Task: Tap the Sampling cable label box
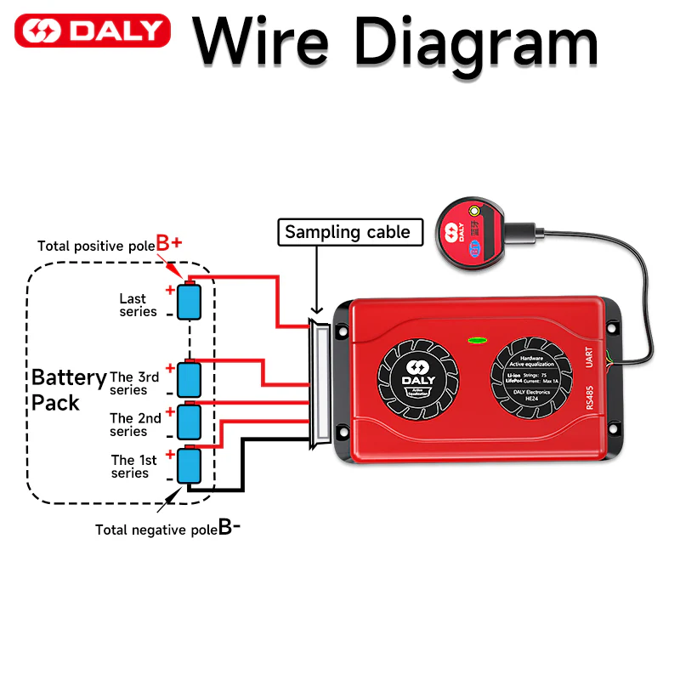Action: click(347, 232)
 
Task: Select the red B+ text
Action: click(168, 242)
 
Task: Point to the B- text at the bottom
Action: click(229, 527)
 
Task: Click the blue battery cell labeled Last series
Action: click(189, 301)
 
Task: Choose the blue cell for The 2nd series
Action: click(189, 421)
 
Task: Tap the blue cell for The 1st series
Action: click(189, 465)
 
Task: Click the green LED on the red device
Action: click(477, 340)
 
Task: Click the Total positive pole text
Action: click(95, 246)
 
